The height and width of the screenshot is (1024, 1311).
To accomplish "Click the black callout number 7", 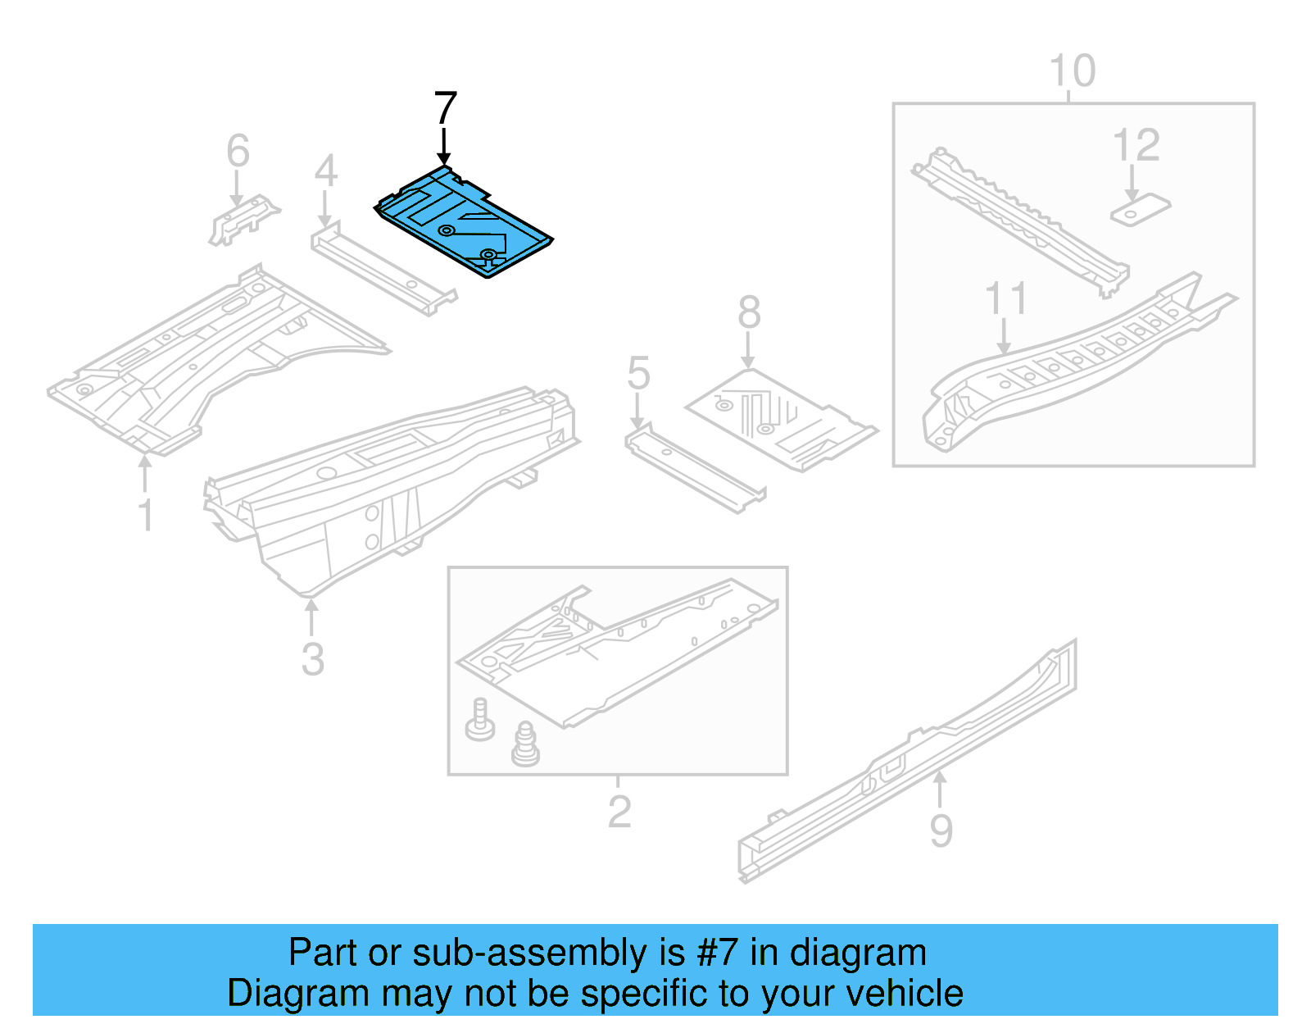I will (x=445, y=109).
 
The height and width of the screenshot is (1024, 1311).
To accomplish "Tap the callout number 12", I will (x=1136, y=146).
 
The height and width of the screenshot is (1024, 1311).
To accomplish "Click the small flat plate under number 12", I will (x=1139, y=210).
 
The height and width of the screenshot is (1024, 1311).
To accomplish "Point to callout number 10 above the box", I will (x=1072, y=71).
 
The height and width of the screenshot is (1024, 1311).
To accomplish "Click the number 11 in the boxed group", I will (x=1005, y=299).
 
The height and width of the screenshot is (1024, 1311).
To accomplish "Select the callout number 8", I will (x=749, y=313).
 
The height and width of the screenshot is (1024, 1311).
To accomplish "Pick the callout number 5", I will (x=638, y=374).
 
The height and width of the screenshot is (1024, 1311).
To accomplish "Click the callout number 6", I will (x=238, y=151).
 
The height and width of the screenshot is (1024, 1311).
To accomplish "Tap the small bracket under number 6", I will (x=243, y=218).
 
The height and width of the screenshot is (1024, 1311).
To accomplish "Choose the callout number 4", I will (x=325, y=171).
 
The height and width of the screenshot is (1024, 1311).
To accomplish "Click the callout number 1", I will (x=146, y=516).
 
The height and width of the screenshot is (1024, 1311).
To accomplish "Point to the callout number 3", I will (x=312, y=660).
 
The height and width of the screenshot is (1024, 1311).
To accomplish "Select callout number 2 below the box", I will (x=619, y=812).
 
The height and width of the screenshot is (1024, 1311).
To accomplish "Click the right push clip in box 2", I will (x=524, y=744).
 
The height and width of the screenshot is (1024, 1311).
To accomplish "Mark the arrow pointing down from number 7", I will (x=444, y=148).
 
